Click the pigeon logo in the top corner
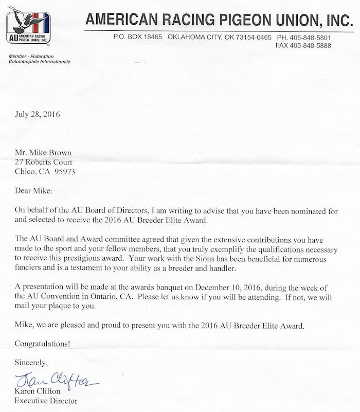[29, 28]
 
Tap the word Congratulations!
[42, 343]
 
